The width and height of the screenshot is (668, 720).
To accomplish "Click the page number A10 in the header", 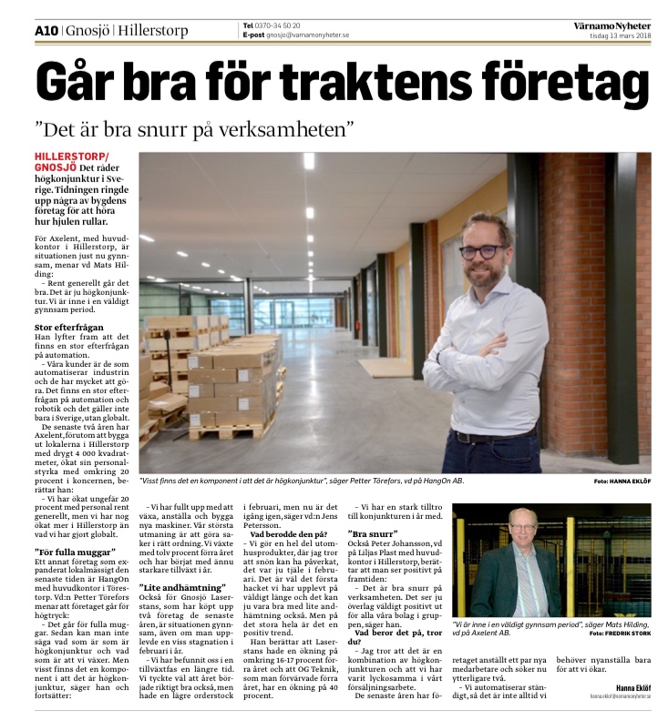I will click(47, 29).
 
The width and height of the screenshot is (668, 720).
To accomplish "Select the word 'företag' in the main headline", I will click(577, 82).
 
